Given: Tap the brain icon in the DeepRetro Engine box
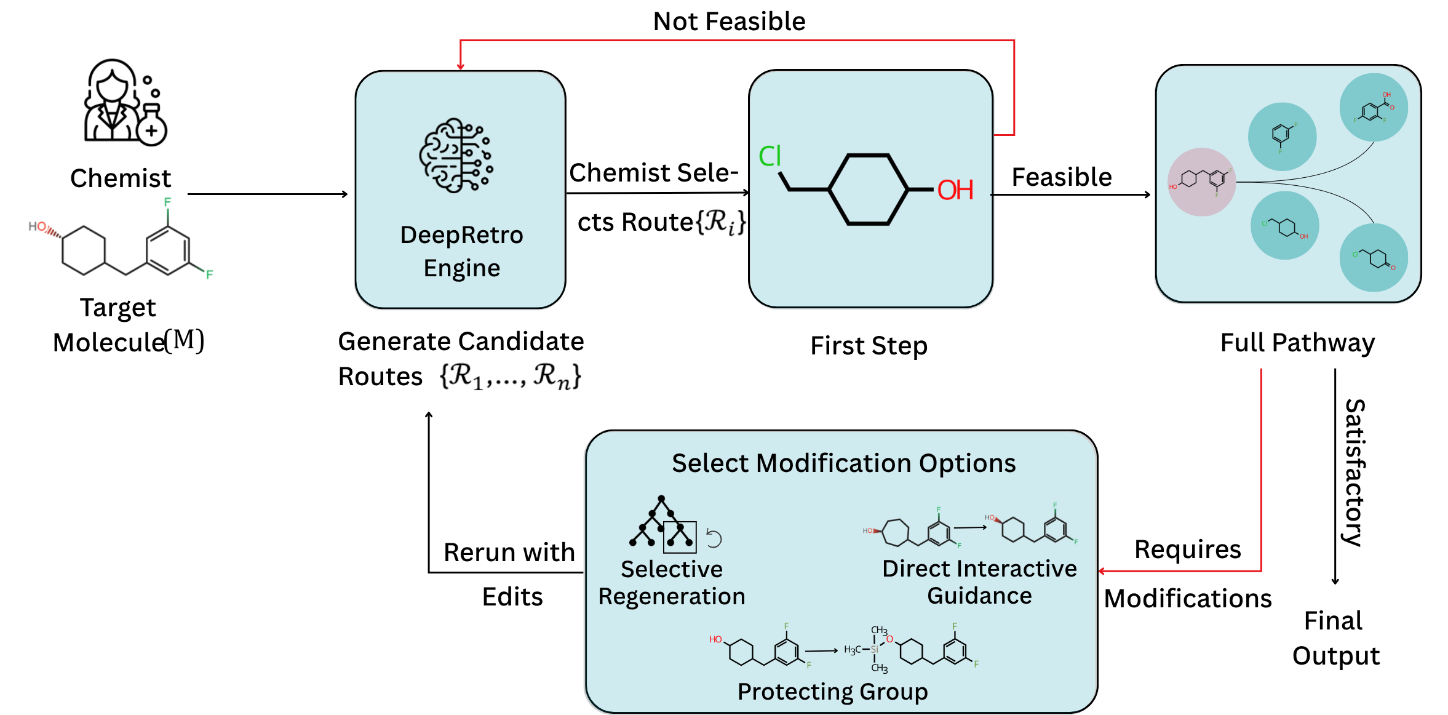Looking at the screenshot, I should point(456,155).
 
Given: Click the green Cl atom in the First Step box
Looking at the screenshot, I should point(770,156).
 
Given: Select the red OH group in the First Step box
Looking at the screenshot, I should point(955,190).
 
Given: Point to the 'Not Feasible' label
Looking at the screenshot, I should point(729,22).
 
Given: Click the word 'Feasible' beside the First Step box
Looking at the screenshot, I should point(1062,177).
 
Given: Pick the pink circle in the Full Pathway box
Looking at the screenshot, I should point(1201,182).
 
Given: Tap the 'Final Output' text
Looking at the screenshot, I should point(1335,638).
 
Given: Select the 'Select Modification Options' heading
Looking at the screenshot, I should point(843,463).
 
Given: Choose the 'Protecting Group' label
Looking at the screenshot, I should point(832,692).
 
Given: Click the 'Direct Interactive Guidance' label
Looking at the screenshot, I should point(979,582).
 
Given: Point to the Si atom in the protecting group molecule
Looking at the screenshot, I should point(874,649).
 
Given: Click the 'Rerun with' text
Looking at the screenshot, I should point(509,553).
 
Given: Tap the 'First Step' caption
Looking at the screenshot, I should point(869,346).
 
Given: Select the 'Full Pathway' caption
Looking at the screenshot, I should point(1297,343).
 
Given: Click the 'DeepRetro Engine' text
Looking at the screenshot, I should point(461,252).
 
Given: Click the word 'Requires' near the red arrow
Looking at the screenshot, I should point(1187,549).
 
